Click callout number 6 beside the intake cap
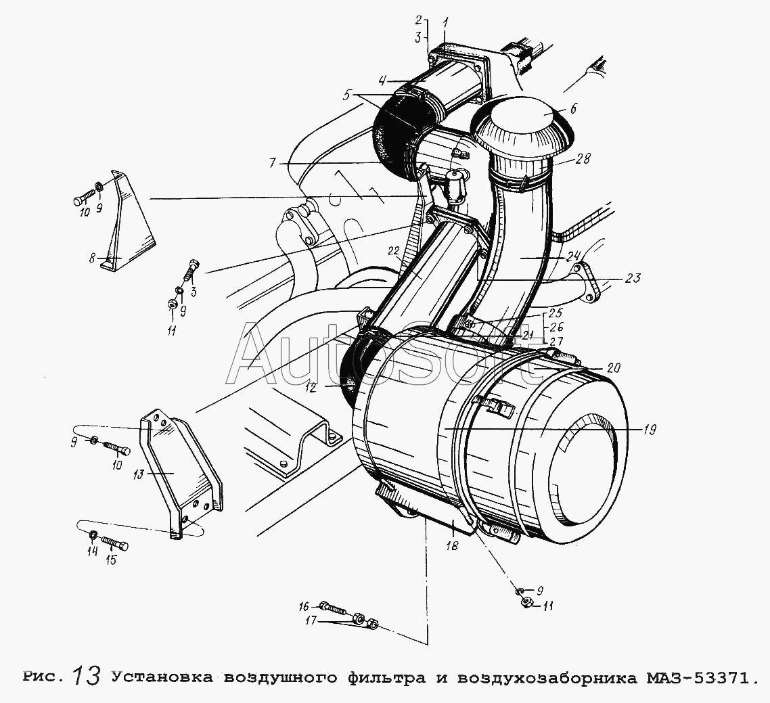[573, 108]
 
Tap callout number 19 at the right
[648, 430]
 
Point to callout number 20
[613, 367]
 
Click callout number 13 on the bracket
[139, 475]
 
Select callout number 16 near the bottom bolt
[304, 608]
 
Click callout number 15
[111, 560]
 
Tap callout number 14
[92, 551]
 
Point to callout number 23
[633, 278]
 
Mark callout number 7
[274, 162]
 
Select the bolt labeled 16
[334, 609]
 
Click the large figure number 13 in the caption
[88, 676]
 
